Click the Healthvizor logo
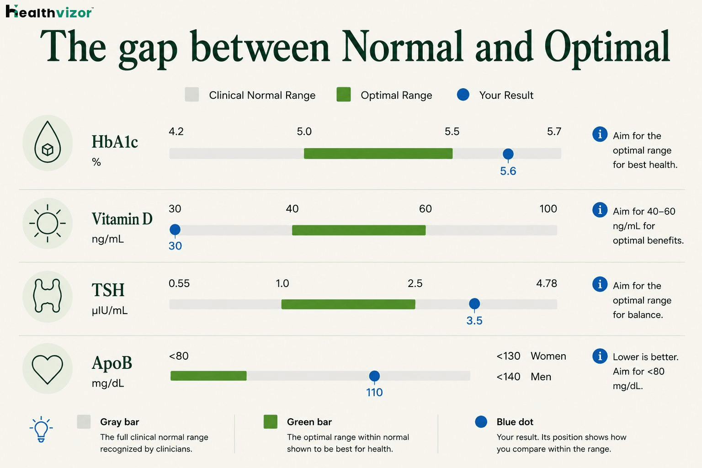point(49,11)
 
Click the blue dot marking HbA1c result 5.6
point(508,154)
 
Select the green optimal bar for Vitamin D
point(359,230)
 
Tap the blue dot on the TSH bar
point(474,303)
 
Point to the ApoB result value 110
point(374,393)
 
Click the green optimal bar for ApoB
point(208,376)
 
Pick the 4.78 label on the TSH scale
point(547,283)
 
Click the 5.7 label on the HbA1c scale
point(554,131)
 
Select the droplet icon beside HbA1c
point(48,142)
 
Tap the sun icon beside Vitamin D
point(48,223)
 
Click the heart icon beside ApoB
point(48,370)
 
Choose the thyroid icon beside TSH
point(48,296)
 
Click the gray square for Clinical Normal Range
point(192,95)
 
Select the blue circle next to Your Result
point(463,94)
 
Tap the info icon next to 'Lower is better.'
point(600,356)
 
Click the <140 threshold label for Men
point(508,377)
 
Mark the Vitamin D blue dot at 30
point(175,229)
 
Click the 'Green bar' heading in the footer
point(309,422)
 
